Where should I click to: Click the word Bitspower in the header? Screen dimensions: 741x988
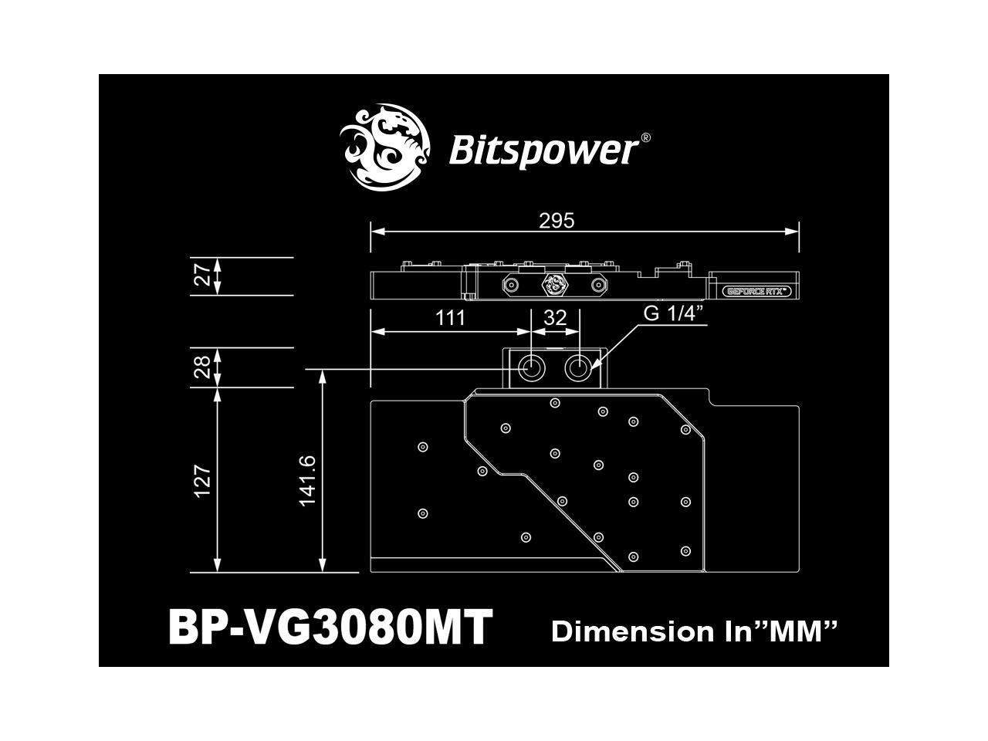click(x=543, y=150)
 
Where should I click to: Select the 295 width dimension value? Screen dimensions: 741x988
click(x=557, y=221)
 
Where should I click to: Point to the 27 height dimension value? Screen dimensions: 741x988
click(x=202, y=276)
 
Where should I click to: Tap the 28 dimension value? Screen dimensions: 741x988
click(x=202, y=367)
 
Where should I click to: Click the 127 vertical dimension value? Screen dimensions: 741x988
click(x=202, y=480)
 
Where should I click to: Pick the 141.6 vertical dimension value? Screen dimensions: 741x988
click(x=306, y=480)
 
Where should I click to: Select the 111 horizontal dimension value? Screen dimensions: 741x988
click(x=450, y=317)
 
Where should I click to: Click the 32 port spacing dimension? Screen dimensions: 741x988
click(x=555, y=317)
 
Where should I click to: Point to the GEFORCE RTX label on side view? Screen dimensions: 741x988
click(x=757, y=292)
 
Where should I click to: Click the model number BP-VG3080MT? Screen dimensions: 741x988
click(x=330, y=627)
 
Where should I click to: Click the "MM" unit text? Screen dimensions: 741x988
click(x=795, y=631)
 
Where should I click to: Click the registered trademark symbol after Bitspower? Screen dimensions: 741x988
click(x=645, y=137)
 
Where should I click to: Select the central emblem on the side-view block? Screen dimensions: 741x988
click(x=554, y=285)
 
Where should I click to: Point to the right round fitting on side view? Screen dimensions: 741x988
click(x=597, y=285)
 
